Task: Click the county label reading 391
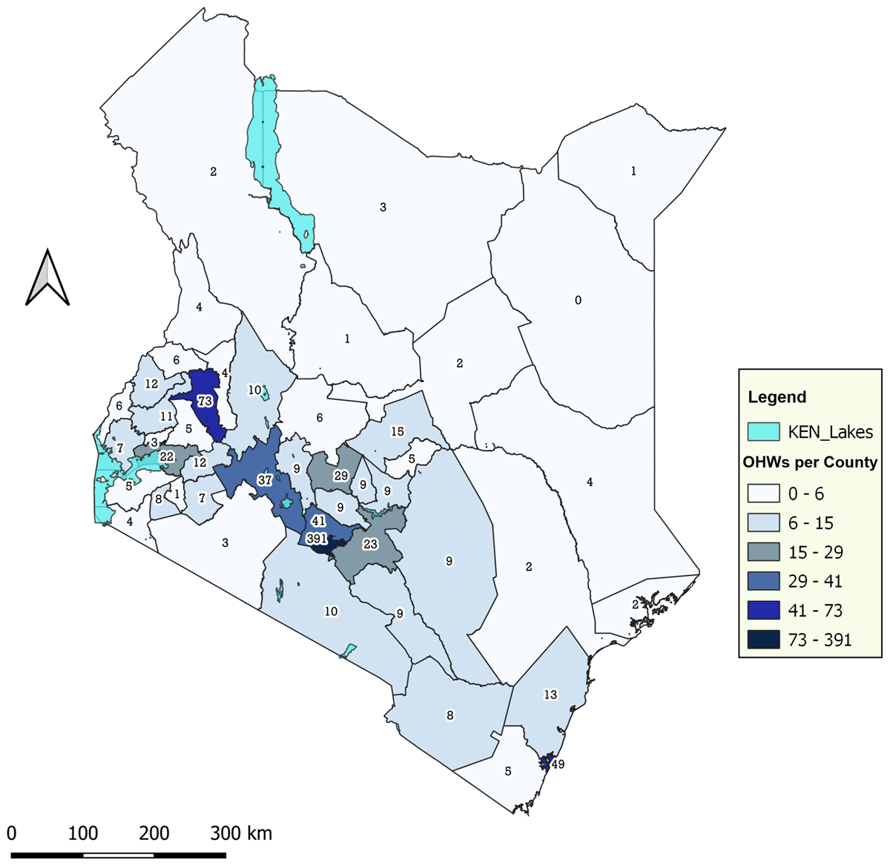[317, 539]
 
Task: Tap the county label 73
[205, 401]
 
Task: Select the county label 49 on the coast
[558, 764]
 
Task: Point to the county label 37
[266, 479]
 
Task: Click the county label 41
[319, 522]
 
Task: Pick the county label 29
[340, 475]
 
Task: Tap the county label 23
[370, 544]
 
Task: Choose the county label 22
[167, 456]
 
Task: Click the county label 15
[398, 431]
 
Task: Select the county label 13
[550, 695]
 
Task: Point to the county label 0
[578, 301]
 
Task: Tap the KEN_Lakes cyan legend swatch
[763, 431]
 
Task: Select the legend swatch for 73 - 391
[763, 640]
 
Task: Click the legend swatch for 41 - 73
[763, 611]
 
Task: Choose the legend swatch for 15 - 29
[763, 552]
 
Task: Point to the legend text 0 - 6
[806, 494]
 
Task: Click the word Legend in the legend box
[777, 397]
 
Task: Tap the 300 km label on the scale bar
[241, 833]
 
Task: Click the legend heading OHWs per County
[810, 462]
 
